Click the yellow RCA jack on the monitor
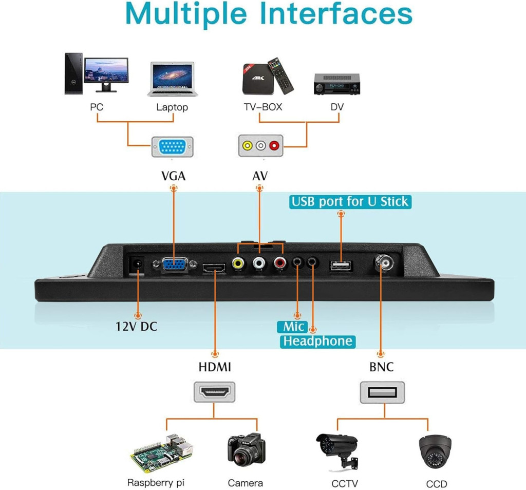pos(238,263)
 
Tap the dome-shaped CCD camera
pos(435,452)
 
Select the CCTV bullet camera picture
pos(337,448)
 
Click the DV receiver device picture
pos(336,83)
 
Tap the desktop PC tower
pos(72,73)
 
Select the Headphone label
pos(317,341)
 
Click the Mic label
pos(292,327)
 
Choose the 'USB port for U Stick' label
pos(350,201)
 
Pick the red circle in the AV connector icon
pos(274,146)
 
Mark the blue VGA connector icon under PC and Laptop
pos(173,146)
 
